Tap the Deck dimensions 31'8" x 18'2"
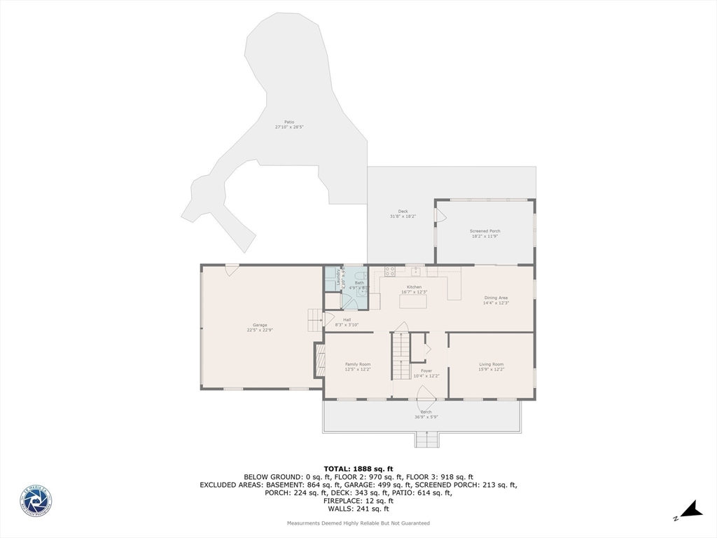[403, 216]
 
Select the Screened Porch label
[485, 230]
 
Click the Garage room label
[260, 324]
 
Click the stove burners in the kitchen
[389, 271]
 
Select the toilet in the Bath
[363, 295]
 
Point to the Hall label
[347, 319]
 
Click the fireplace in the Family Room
[320, 360]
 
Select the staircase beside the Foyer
[400, 356]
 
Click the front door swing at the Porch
[426, 406]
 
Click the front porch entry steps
[426, 440]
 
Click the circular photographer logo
[36, 502]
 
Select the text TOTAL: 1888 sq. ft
[358, 469]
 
